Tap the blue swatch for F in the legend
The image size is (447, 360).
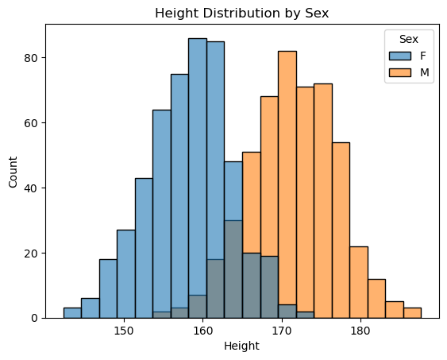point(396,56)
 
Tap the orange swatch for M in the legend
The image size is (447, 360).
point(396,71)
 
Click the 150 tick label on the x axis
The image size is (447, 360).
point(124,331)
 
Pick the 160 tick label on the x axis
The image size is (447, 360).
point(203,331)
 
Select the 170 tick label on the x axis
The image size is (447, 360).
point(282,331)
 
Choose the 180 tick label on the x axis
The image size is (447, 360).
point(360,331)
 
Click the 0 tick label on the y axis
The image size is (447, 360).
point(35,318)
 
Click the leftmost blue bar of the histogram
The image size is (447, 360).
point(72,313)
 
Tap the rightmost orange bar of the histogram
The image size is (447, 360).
point(412,313)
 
